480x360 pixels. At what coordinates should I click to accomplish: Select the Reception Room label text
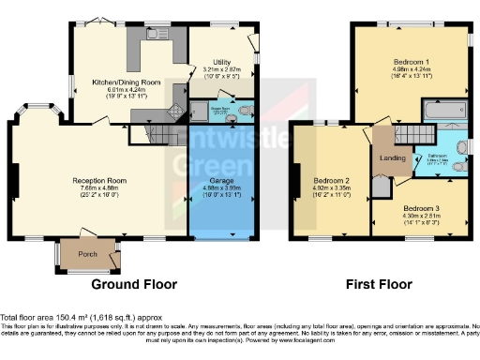pos(99,179)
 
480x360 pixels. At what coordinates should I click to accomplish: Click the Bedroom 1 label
pos(411,61)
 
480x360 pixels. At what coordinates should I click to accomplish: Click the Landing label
pos(393,157)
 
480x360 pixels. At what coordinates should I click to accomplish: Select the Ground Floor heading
pos(129,283)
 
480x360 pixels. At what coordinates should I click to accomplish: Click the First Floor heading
pos(383,283)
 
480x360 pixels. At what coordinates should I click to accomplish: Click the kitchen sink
pos(151,35)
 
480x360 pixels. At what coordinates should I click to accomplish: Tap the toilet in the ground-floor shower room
pos(244,112)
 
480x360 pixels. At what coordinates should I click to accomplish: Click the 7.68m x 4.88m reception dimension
pos(99,187)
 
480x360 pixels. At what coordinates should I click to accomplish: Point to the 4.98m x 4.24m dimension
pos(411,68)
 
